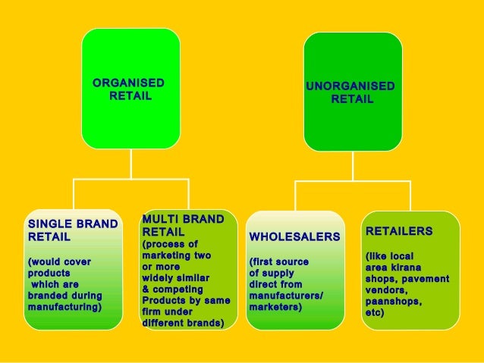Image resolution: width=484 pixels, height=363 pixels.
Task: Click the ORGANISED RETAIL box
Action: (x=130, y=89)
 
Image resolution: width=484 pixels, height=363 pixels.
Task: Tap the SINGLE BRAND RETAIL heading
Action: (x=72, y=230)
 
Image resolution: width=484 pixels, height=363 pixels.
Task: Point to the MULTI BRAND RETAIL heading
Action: (x=183, y=225)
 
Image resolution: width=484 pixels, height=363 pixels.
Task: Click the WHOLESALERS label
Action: (x=294, y=237)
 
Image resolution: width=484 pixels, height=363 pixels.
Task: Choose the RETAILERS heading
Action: (x=399, y=230)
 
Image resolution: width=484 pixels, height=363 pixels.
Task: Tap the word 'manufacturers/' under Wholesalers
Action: (x=286, y=296)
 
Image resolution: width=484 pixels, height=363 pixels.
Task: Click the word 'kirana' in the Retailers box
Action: (x=418, y=268)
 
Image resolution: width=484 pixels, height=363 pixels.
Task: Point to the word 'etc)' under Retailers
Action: (x=375, y=311)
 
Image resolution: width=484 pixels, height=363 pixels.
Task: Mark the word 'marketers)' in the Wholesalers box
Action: (x=275, y=307)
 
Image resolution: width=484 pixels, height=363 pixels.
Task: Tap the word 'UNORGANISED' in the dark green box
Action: (x=350, y=86)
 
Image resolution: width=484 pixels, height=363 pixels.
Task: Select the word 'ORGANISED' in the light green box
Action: (x=128, y=83)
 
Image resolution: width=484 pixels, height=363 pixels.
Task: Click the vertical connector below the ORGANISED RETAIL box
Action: (x=131, y=164)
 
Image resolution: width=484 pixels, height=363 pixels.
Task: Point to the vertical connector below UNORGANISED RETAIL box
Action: (x=352, y=166)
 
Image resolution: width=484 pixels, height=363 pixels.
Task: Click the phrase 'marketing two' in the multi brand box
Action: (x=177, y=256)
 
